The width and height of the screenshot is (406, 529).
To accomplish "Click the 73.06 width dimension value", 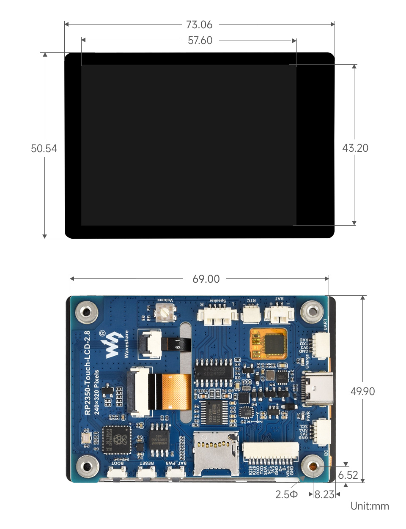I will [x=199, y=25].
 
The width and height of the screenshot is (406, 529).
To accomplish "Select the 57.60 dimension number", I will [x=200, y=41].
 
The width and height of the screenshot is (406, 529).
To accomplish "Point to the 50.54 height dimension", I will [x=44, y=148].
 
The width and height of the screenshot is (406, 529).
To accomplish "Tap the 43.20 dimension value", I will [x=355, y=148].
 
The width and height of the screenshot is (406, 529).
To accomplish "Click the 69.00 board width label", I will [x=206, y=279].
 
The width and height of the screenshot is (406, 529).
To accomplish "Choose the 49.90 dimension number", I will [x=362, y=391].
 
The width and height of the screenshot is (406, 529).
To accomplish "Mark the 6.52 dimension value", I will [x=348, y=475].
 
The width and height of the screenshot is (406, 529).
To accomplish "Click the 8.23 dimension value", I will [x=324, y=494].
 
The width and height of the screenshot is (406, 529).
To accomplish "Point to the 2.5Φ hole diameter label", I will [x=286, y=494].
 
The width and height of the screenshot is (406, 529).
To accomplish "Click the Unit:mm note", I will [x=369, y=506].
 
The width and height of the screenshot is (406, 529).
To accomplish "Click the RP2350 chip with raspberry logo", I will [x=117, y=440].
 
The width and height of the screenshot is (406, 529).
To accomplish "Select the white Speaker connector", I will [x=217, y=316].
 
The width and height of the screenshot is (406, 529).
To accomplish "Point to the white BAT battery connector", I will [x=279, y=314].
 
